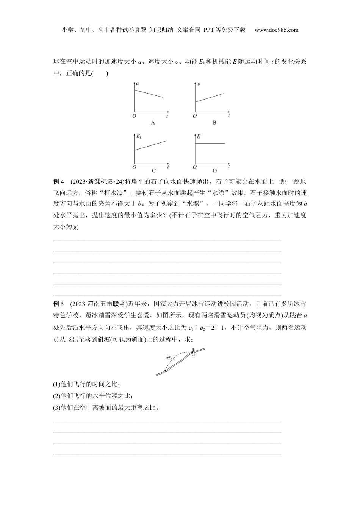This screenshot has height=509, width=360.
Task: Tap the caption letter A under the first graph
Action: point(153,123)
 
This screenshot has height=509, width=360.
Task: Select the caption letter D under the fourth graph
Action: point(214,171)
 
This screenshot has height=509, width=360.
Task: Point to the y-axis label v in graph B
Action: point(198,83)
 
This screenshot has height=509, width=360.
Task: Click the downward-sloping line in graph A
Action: point(149,94)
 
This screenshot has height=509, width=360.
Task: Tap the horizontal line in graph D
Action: point(210,143)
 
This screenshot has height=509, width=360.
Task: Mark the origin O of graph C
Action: point(134,167)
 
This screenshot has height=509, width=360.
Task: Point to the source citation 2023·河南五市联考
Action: point(99,304)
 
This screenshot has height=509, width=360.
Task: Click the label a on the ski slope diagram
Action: point(193,355)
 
